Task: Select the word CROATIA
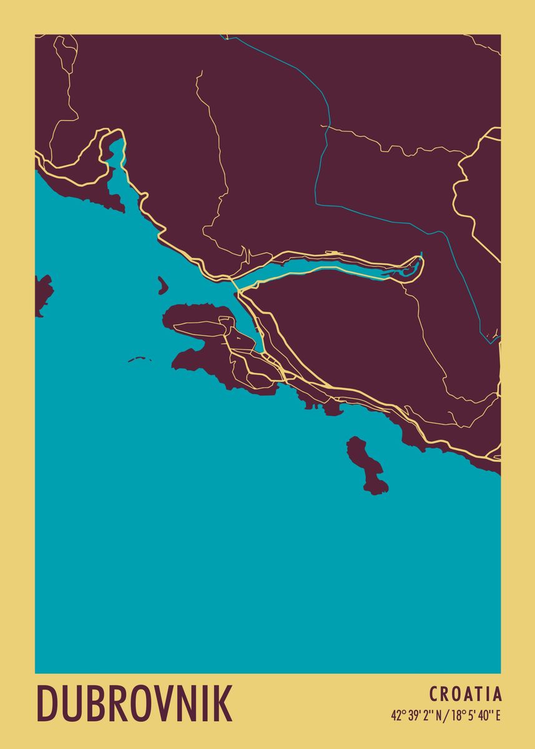465,694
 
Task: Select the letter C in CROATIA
434,694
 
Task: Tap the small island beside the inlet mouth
163,286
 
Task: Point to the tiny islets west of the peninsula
140,360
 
